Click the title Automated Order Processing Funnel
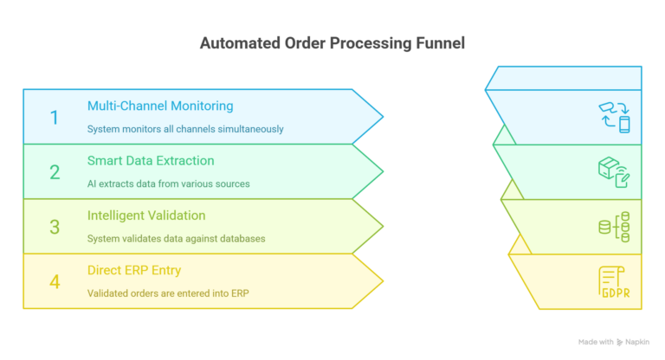coord(332,42)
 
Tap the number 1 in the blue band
coord(55,117)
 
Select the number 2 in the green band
coord(55,172)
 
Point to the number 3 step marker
coord(55,227)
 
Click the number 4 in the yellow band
coord(55,281)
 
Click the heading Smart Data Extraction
coord(151,160)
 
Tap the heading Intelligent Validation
coord(145,215)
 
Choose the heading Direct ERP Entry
coord(134,270)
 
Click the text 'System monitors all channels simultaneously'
coord(185,129)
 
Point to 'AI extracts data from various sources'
coord(168,183)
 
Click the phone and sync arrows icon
coord(614,117)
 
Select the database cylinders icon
coord(614,227)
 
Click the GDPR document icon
coord(614,282)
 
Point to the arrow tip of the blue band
coord(381,116)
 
